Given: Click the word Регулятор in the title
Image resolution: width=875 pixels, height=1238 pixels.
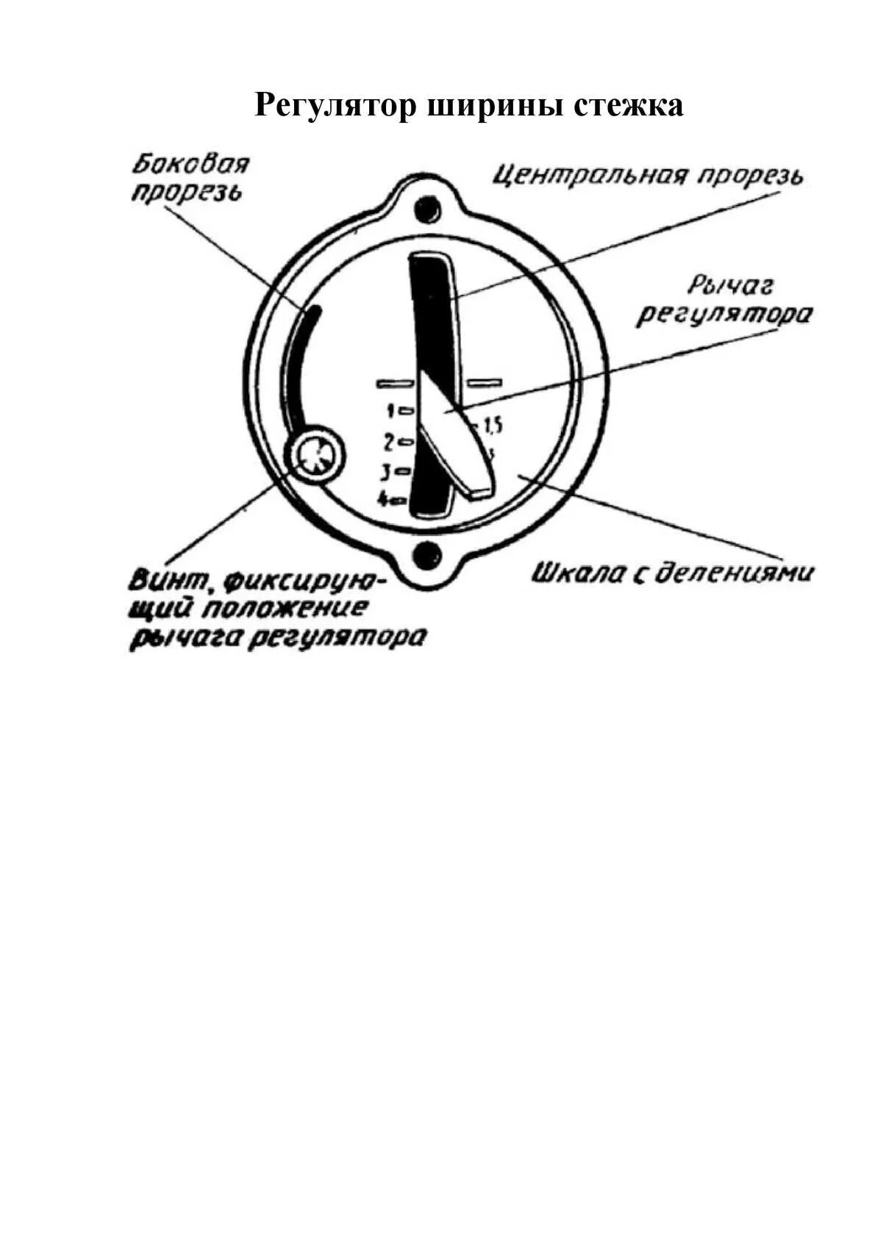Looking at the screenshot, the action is [334, 105].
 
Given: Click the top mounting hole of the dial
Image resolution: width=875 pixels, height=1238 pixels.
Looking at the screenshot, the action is [426, 208].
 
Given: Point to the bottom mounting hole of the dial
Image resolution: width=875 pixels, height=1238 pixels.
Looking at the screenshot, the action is [426, 556].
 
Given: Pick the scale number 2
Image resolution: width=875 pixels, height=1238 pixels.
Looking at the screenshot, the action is [390, 443].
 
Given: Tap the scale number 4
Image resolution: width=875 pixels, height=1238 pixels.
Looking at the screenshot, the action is [383, 500].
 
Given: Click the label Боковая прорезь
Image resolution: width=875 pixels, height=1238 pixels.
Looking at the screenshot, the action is [190, 178].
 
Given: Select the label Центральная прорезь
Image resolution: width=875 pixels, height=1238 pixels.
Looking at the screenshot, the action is [648, 176].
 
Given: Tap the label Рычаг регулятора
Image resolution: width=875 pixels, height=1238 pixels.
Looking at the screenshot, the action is [724, 301].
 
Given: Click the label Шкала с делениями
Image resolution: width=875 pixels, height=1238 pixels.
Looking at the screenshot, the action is [673, 573].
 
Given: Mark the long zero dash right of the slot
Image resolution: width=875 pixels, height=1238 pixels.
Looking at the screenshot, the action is [485, 382].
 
